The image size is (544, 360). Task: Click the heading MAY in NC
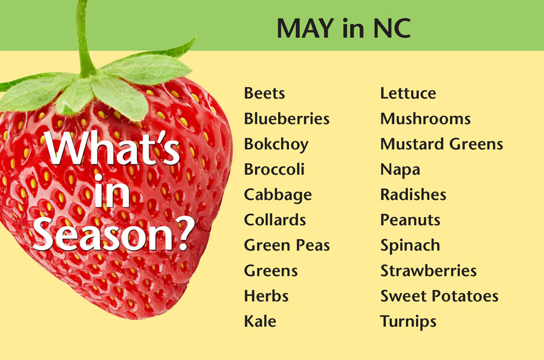point(343,28)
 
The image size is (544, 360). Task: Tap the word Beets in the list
point(264,93)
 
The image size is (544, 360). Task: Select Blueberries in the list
point(287,118)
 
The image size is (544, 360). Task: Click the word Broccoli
point(274,169)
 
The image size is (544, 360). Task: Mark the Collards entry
point(275,220)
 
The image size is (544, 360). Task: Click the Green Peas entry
point(287,245)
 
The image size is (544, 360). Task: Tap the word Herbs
point(266,296)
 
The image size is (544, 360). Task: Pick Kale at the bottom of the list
point(260,321)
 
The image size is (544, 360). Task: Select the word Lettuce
point(408,93)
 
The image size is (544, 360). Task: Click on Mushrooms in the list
point(426,118)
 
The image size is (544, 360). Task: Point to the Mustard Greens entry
point(442,144)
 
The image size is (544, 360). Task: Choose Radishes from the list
point(413,194)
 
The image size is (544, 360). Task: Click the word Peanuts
point(410,220)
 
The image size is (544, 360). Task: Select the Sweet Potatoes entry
point(439,296)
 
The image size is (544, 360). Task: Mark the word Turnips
point(409,322)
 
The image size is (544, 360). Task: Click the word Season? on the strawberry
point(114,235)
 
